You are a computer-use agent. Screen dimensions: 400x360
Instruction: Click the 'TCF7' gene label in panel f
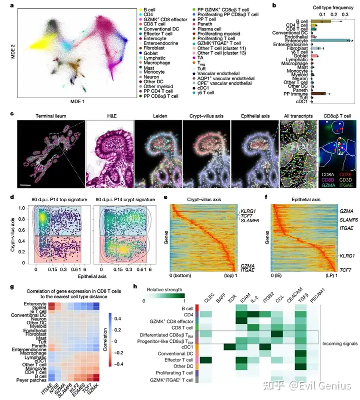pyautogui.click(x=347, y=270)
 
